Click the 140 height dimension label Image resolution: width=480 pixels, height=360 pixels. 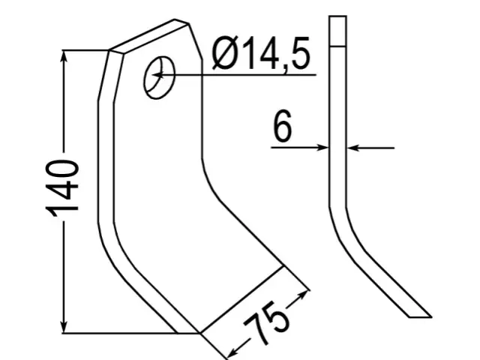pyautogui.click(x=62, y=187)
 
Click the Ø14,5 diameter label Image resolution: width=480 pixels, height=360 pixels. pyautogui.click(x=261, y=54)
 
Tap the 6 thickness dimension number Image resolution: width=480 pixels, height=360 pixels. pyautogui.click(x=282, y=126)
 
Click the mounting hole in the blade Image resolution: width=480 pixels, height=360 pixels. pyautogui.click(x=159, y=77)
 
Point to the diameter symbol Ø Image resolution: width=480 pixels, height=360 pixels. pyautogui.click(x=226, y=53)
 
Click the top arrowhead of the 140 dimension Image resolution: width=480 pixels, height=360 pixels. pyautogui.click(x=64, y=56)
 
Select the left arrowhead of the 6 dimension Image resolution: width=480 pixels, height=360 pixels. pyautogui.click(x=322, y=148)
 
